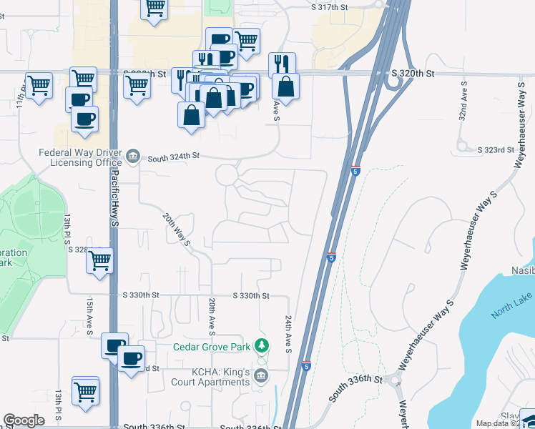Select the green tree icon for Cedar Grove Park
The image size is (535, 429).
point(262,346)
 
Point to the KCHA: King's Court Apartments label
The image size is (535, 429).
point(210,378)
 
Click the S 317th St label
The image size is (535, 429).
point(330,6)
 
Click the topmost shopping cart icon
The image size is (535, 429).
point(155,8)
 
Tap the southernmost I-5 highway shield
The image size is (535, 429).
point(306,366)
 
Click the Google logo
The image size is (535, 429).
point(24,420)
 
